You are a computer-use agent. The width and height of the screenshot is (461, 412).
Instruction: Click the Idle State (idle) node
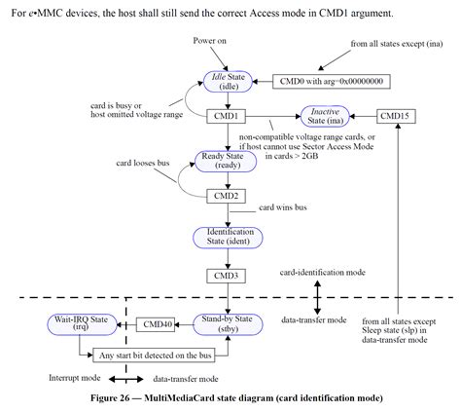click(227, 82)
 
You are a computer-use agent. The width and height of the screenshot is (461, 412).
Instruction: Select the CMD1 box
click(227, 115)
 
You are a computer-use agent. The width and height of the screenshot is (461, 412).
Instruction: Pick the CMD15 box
click(396, 115)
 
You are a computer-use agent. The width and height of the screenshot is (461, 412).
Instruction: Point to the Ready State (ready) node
click(226, 160)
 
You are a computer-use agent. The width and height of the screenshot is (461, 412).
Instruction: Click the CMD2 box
click(227, 196)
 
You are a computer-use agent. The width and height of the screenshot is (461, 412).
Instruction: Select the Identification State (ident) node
click(227, 238)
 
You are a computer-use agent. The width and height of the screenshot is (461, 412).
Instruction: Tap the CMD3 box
click(227, 275)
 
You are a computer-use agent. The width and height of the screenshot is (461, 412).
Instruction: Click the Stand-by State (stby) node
click(226, 323)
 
